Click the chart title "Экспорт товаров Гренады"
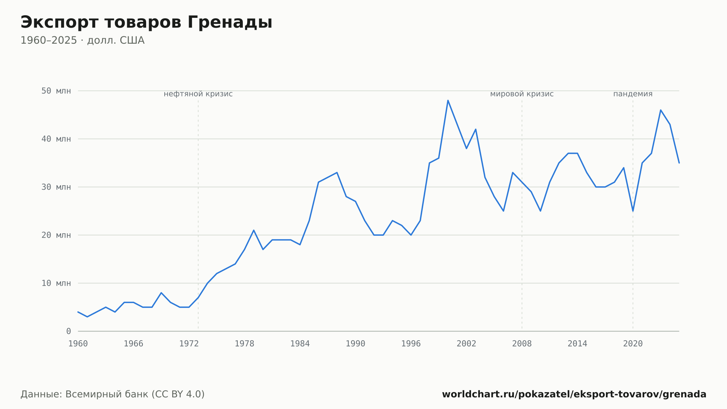[x=146, y=23]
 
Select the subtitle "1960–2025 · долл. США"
[x=83, y=40]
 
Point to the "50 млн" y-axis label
[x=56, y=91]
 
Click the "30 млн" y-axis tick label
[x=56, y=187]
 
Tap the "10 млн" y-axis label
[x=56, y=283]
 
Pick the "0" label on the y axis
[x=69, y=331]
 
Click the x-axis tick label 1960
[x=78, y=344]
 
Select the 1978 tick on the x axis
[x=244, y=344]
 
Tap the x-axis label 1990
[x=356, y=344]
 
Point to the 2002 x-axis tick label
[x=466, y=344]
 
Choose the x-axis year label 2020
[x=633, y=344]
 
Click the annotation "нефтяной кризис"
[x=198, y=94]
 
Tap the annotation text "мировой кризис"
[x=522, y=94]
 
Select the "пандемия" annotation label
[x=633, y=94]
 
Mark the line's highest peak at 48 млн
[x=448, y=100]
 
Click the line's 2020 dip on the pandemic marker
[x=633, y=211]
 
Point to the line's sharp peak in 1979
[x=254, y=230]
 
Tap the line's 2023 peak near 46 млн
[x=660, y=110]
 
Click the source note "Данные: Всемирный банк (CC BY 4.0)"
[x=113, y=394]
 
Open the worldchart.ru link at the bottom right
[x=574, y=394]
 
